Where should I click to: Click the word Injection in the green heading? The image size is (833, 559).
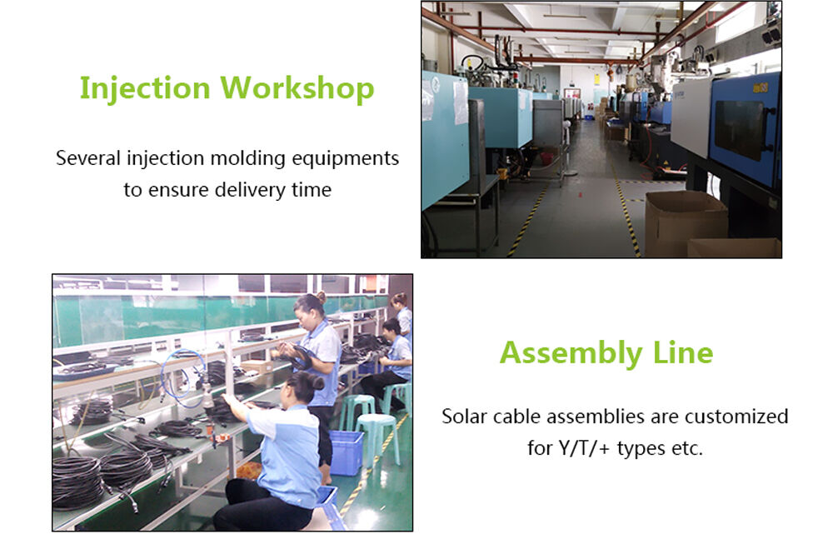145,88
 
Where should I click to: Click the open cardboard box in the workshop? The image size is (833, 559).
686,221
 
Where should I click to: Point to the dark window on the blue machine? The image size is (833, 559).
738,130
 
